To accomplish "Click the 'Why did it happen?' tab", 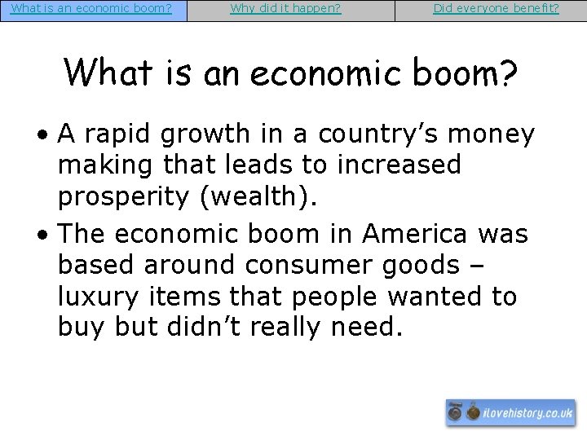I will point(285,10).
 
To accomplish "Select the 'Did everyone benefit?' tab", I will point(496,10).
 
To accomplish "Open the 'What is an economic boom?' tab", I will point(91,10).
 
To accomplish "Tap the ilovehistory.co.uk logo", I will point(510,413).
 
